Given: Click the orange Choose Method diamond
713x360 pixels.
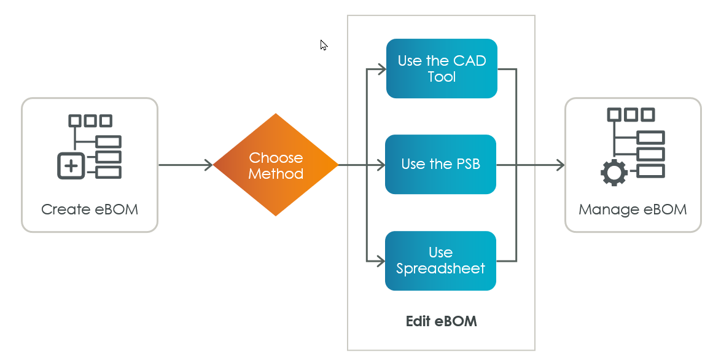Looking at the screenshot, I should pyautogui.click(x=276, y=165).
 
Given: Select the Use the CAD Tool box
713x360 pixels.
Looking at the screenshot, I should pyautogui.click(x=441, y=68).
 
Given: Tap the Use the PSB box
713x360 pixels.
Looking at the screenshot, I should pyautogui.click(x=440, y=164).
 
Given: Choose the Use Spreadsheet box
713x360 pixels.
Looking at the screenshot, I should pyautogui.click(x=440, y=260).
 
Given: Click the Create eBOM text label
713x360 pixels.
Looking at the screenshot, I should pyautogui.click(x=90, y=209).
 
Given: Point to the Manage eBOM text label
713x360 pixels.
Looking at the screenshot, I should pyautogui.click(x=633, y=209).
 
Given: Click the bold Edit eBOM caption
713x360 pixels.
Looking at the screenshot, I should pyautogui.click(x=441, y=321).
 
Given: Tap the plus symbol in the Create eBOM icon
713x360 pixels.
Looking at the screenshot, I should pyautogui.click(x=72, y=165).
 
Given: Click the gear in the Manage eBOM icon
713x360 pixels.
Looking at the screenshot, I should pyautogui.click(x=614, y=173).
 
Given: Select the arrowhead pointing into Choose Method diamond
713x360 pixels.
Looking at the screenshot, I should pyautogui.click(x=209, y=165).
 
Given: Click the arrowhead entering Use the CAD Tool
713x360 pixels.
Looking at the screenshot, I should pyautogui.click(x=381, y=69).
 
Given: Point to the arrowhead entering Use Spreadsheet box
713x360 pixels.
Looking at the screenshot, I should pyautogui.click(x=381, y=262).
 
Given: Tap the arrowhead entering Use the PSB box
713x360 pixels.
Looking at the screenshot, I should pyautogui.click(x=381, y=165).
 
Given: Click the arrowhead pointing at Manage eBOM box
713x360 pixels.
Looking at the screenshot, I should pyautogui.click(x=559, y=165).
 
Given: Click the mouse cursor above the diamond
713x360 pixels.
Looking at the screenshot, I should pyautogui.click(x=324, y=45).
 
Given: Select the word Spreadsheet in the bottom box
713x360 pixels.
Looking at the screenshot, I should pyautogui.click(x=440, y=268).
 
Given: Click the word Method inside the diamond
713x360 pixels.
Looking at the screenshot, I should pyautogui.click(x=276, y=174).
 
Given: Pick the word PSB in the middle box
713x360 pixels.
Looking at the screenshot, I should pyautogui.click(x=467, y=164).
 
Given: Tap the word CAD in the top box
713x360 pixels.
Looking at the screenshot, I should pyautogui.click(x=469, y=60).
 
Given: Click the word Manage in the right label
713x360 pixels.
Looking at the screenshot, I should pyautogui.click(x=609, y=209).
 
